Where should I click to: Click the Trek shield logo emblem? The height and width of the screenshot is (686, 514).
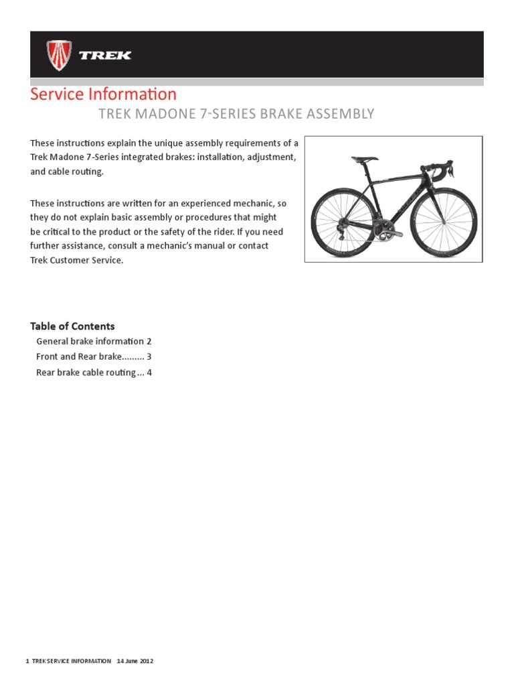(59, 55)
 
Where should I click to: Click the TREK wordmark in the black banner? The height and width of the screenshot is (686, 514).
(105, 56)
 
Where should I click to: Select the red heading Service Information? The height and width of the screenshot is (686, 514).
(103, 94)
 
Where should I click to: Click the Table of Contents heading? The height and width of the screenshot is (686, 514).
(72, 326)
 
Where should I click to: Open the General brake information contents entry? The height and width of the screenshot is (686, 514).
(94, 342)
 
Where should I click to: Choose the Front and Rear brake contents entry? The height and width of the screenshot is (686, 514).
(94, 357)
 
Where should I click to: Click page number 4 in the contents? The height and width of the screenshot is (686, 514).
(149, 372)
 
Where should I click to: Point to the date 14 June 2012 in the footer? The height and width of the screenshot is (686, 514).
(135, 661)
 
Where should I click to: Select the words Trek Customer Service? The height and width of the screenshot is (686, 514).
(77, 260)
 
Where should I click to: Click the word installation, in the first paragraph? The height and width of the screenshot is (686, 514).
(224, 157)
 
